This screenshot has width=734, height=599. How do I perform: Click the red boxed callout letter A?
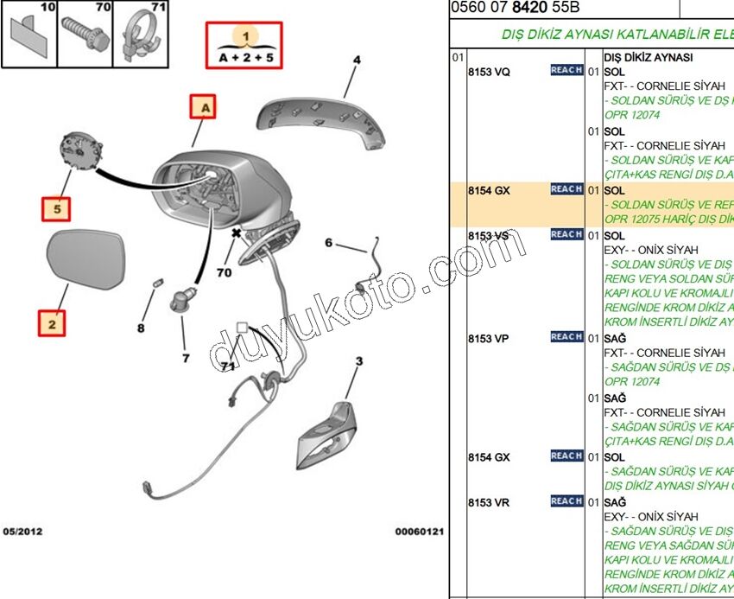(x=205, y=108)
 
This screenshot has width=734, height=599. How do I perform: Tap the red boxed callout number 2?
(x=52, y=324)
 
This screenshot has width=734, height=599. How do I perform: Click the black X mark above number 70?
(x=236, y=233)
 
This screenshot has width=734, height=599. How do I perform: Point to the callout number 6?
(x=328, y=243)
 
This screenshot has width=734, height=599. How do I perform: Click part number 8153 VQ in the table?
(x=489, y=72)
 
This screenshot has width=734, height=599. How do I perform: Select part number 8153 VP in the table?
(x=489, y=338)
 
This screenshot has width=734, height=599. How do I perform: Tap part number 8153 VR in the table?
(x=489, y=502)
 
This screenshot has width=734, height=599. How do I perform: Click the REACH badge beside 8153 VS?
(x=566, y=234)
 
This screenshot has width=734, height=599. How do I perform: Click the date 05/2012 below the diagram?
(x=22, y=532)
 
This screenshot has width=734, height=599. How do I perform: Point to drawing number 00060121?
(x=420, y=532)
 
